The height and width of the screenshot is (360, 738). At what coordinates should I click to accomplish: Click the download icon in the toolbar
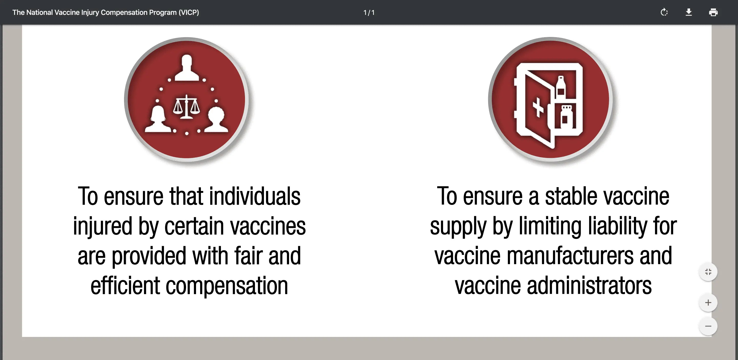[x=689, y=12]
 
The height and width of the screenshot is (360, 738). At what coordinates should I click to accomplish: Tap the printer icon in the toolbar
[x=713, y=12]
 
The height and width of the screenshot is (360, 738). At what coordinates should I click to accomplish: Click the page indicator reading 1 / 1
[x=369, y=13]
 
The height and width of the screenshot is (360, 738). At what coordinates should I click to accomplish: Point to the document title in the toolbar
[x=105, y=12]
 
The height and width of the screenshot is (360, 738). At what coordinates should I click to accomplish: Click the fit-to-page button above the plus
[x=708, y=272]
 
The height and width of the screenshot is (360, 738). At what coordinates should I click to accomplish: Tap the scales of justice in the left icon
[x=187, y=107]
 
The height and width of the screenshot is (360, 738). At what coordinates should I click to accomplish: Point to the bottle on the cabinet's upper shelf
[x=561, y=87]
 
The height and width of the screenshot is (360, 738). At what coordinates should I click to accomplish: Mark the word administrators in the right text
[x=589, y=285]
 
